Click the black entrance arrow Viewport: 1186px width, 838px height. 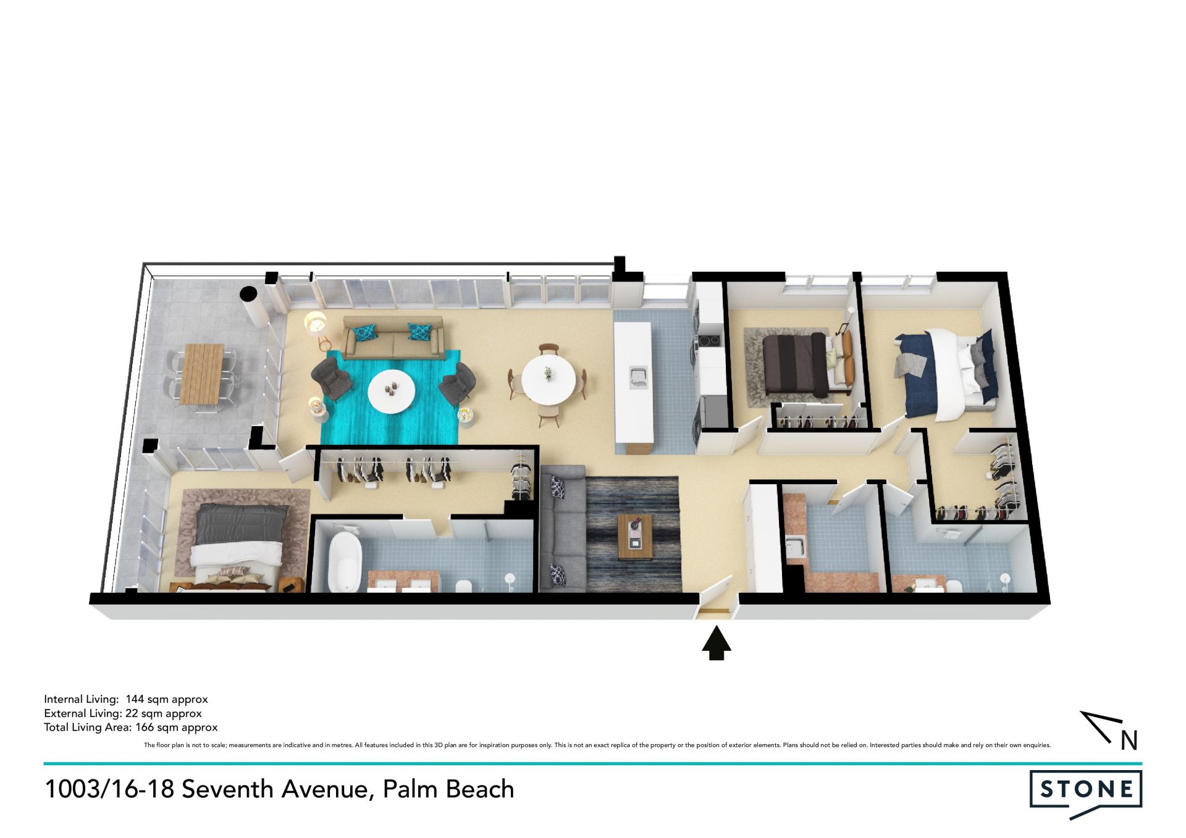click(717, 643)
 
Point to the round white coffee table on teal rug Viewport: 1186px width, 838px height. click(392, 391)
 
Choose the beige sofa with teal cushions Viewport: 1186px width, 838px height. click(393, 338)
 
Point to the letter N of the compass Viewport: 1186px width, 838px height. click(1129, 740)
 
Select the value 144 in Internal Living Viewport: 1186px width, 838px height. click(135, 699)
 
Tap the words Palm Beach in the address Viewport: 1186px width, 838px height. click(448, 789)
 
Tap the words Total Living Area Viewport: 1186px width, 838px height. click(86, 727)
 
